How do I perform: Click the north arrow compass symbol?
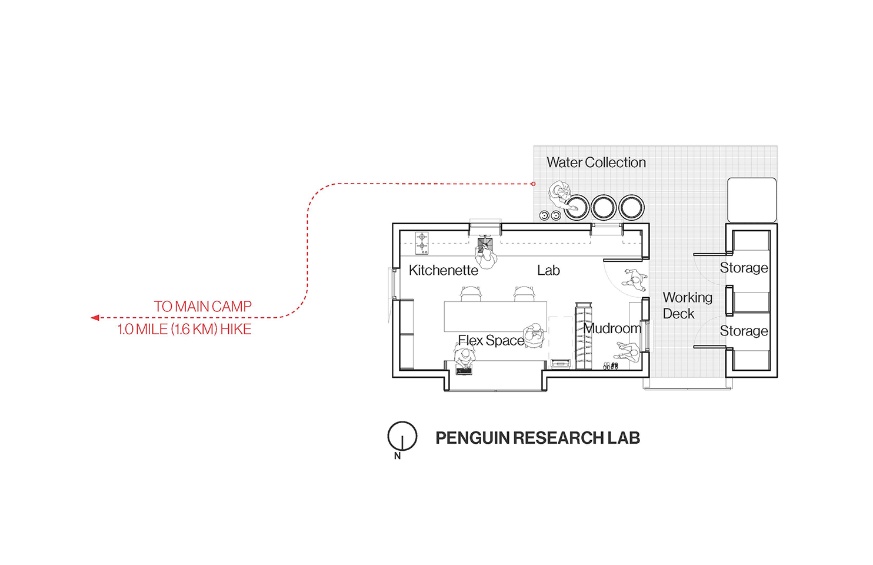coord(402,437)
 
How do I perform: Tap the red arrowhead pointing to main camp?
coord(95,318)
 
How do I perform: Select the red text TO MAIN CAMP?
coord(202,307)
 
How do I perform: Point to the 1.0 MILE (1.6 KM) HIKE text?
coord(184,329)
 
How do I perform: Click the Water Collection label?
coord(596,162)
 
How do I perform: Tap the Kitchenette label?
coord(443,270)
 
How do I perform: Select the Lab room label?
coord(548,270)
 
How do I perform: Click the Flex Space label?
coord(491,340)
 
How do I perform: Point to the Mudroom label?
coord(612,328)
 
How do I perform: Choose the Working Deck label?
coord(687,305)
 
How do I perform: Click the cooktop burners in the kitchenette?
coord(422,242)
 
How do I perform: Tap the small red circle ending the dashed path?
coord(534,184)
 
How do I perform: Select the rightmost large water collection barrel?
coord(631,207)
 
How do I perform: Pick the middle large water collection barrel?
coord(604,207)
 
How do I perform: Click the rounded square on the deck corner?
coord(752,200)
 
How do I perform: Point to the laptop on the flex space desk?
coord(464,370)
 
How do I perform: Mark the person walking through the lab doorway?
coord(635,280)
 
